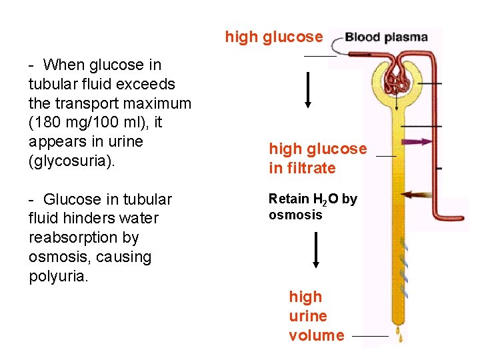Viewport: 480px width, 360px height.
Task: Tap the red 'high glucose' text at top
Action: [274, 37]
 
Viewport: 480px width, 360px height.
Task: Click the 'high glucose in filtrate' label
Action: [317, 158]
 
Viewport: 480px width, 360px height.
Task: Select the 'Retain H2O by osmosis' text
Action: [313, 206]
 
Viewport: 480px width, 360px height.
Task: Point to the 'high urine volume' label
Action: [316, 316]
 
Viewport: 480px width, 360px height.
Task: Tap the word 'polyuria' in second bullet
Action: [57, 276]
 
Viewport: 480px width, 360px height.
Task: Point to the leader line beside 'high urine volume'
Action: [369, 337]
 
